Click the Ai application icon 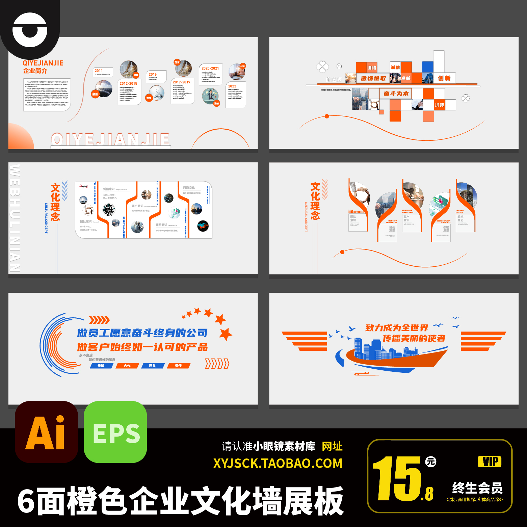point(46,432)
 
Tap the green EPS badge point(115,432)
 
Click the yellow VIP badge point(490,462)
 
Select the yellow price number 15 point(396,479)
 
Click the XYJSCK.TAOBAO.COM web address point(278,463)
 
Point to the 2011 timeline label point(99,71)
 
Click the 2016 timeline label point(153,74)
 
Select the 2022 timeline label point(232,86)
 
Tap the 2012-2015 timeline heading point(128,83)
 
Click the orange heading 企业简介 point(35,71)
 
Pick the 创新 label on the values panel point(444,78)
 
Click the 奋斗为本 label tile point(396,94)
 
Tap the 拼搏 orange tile point(439,105)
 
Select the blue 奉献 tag point(101,366)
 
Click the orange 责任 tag point(178,366)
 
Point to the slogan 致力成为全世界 point(396,328)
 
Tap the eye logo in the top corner point(30,30)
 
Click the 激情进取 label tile point(373,78)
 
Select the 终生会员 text point(477,488)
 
